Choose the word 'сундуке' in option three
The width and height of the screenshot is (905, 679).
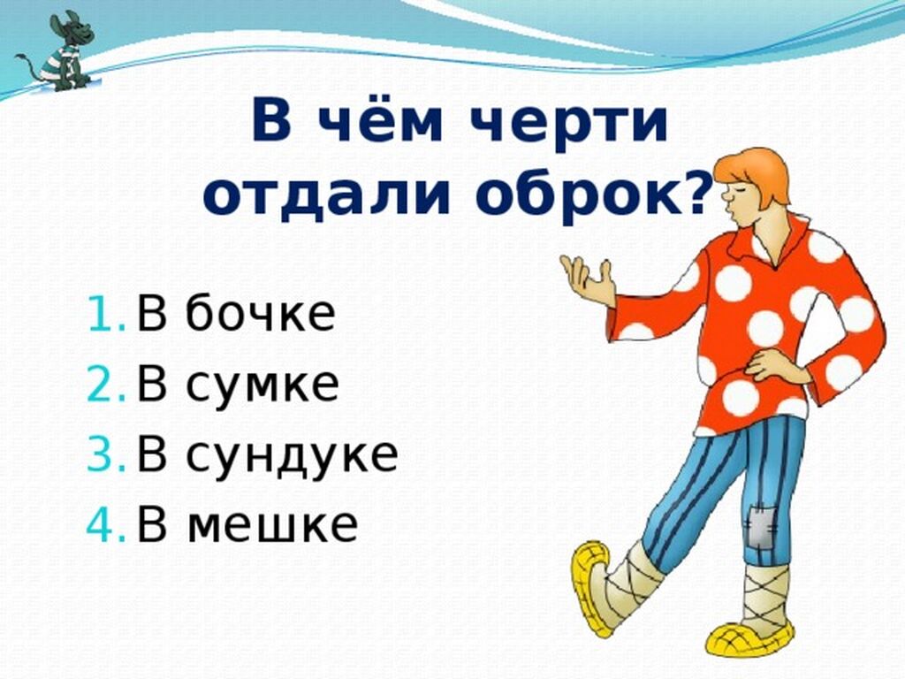(292, 454)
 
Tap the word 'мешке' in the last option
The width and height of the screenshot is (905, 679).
(272, 525)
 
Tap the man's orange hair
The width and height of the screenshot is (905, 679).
(757, 173)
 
